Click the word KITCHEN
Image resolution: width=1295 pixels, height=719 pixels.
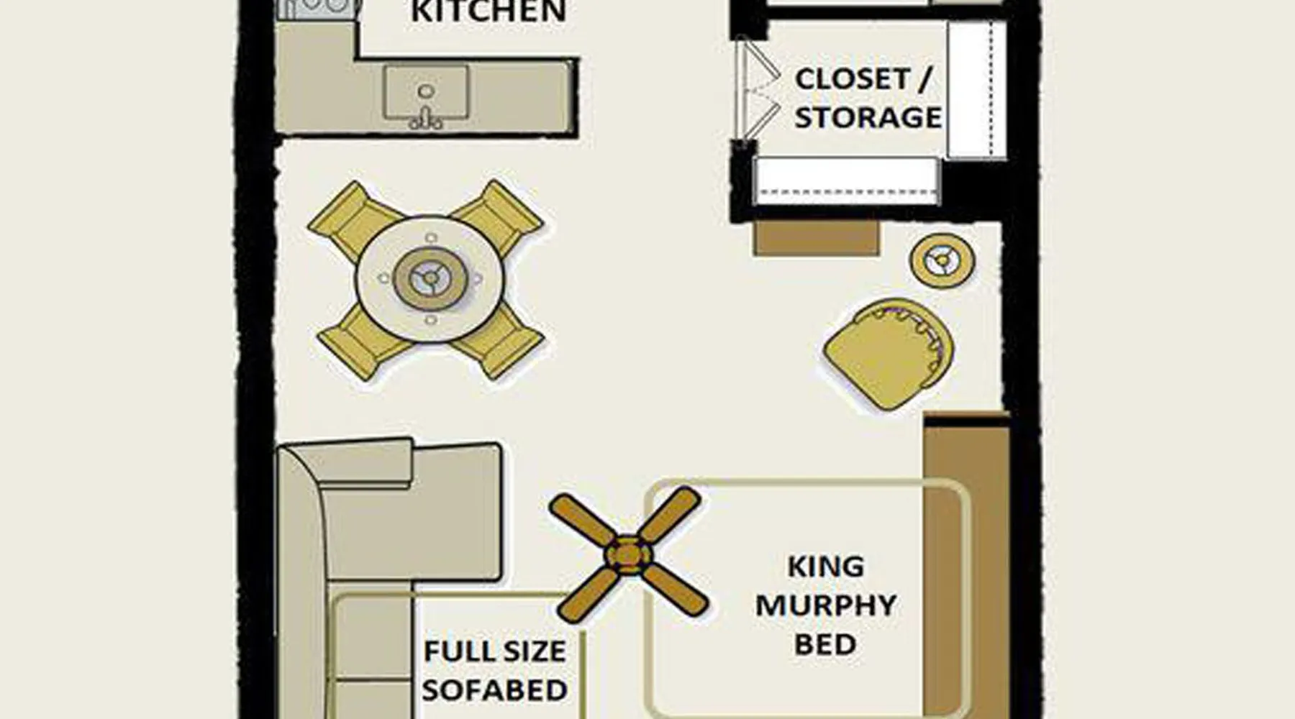click(x=489, y=12)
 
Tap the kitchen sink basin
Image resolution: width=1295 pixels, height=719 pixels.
click(x=426, y=92)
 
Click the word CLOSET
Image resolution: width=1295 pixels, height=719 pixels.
click(x=853, y=78)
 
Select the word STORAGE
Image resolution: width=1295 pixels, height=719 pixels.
click(x=868, y=117)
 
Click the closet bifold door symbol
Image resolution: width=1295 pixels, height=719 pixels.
click(x=759, y=89)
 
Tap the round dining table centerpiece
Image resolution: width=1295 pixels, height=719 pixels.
click(x=430, y=279)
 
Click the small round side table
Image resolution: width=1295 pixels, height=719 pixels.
click(x=942, y=260)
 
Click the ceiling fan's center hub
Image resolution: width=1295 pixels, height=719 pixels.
click(x=629, y=556)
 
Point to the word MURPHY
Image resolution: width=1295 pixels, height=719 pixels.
click(x=826, y=605)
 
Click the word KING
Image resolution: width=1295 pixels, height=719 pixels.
click(x=826, y=567)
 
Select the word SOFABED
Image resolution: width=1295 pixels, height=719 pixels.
click(x=495, y=690)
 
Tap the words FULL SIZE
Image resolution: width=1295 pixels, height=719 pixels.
click(x=495, y=651)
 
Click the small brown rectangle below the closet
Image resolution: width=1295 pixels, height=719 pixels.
click(x=817, y=238)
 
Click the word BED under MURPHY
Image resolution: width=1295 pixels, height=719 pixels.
click(x=825, y=644)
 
